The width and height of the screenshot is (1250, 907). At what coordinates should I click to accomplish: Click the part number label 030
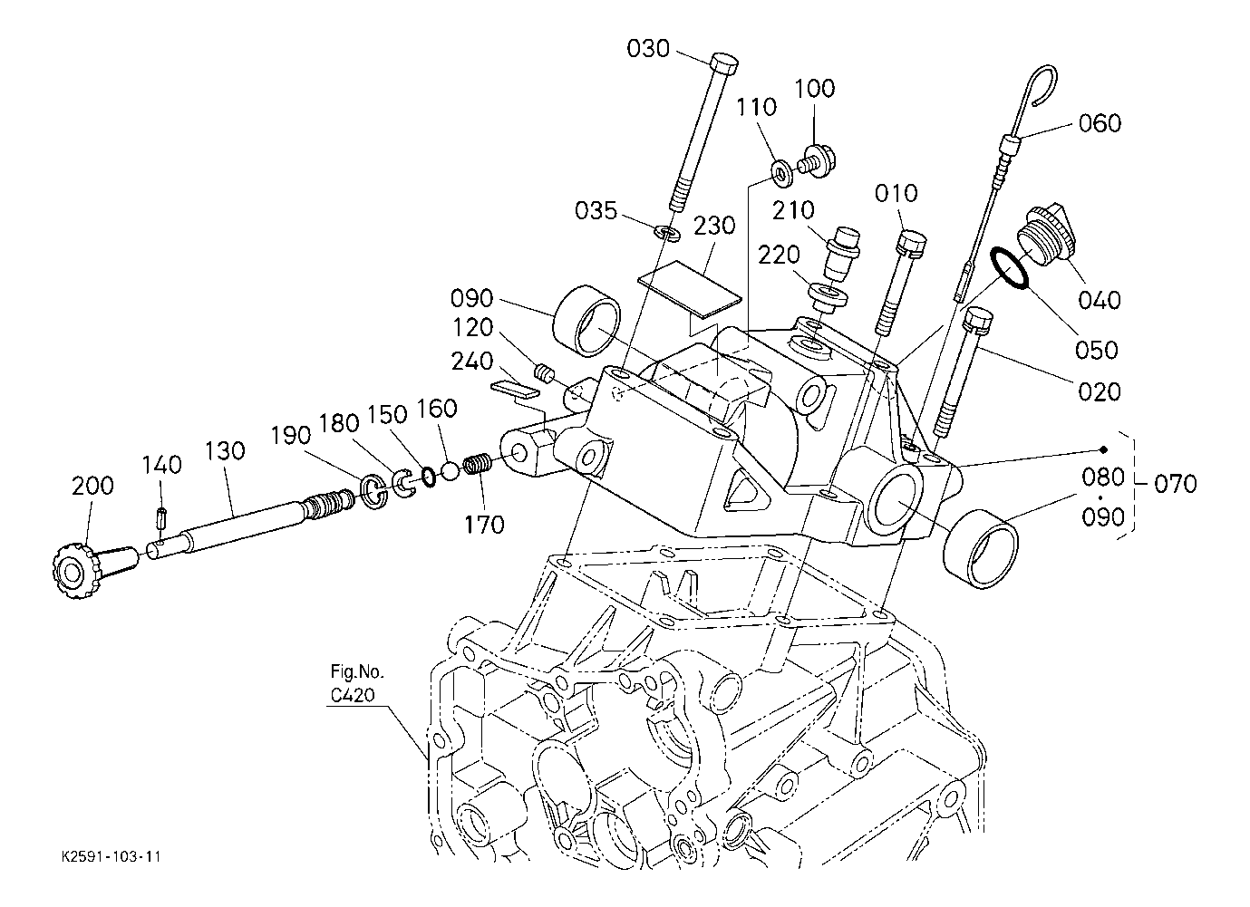click(648, 49)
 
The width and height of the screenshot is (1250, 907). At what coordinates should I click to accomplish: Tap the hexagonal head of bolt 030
click(724, 63)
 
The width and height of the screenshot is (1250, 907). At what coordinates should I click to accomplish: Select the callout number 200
click(92, 486)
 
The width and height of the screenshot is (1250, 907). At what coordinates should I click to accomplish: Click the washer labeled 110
click(782, 173)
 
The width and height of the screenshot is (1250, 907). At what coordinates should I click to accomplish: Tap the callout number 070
click(1176, 483)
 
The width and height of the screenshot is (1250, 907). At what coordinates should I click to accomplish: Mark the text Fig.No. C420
click(357, 683)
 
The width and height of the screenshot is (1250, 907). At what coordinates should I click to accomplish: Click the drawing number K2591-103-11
click(111, 857)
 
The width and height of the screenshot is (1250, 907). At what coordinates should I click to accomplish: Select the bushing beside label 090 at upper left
click(586, 321)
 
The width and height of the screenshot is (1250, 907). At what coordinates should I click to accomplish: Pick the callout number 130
click(225, 450)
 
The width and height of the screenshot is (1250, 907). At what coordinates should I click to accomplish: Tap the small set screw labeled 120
click(543, 372)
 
